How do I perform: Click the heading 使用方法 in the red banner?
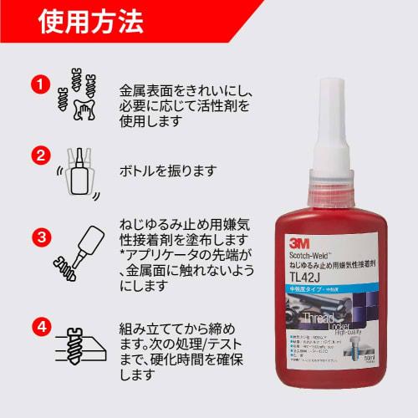pos(89,23)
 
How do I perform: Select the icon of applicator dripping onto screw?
pos(78,251)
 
